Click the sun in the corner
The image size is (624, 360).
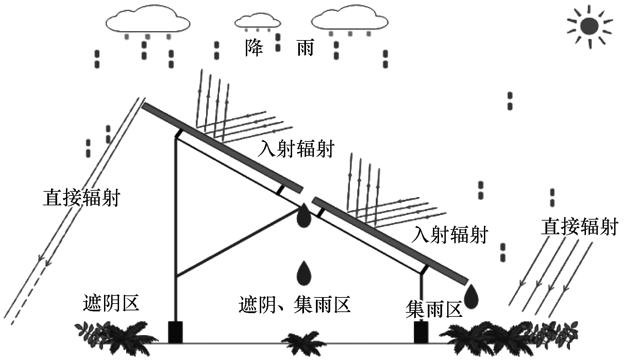pyautogui.click(x=589, y=27)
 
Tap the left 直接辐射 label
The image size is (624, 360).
pyautogui.click(x=82, y=198)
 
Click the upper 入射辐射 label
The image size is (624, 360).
pyautogui.click(x=296, y=149)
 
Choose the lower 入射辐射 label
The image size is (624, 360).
pyautogui.click(x=450, y=234)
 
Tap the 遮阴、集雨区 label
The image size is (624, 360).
pyautogui.click(x=294, y=304)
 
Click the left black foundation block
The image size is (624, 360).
pyautogui.click(x=175, y=332)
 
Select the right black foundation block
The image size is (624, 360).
pyautogui.click(x=421, y=332)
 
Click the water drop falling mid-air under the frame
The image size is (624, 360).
pyautogui.click(x=304, y=273)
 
